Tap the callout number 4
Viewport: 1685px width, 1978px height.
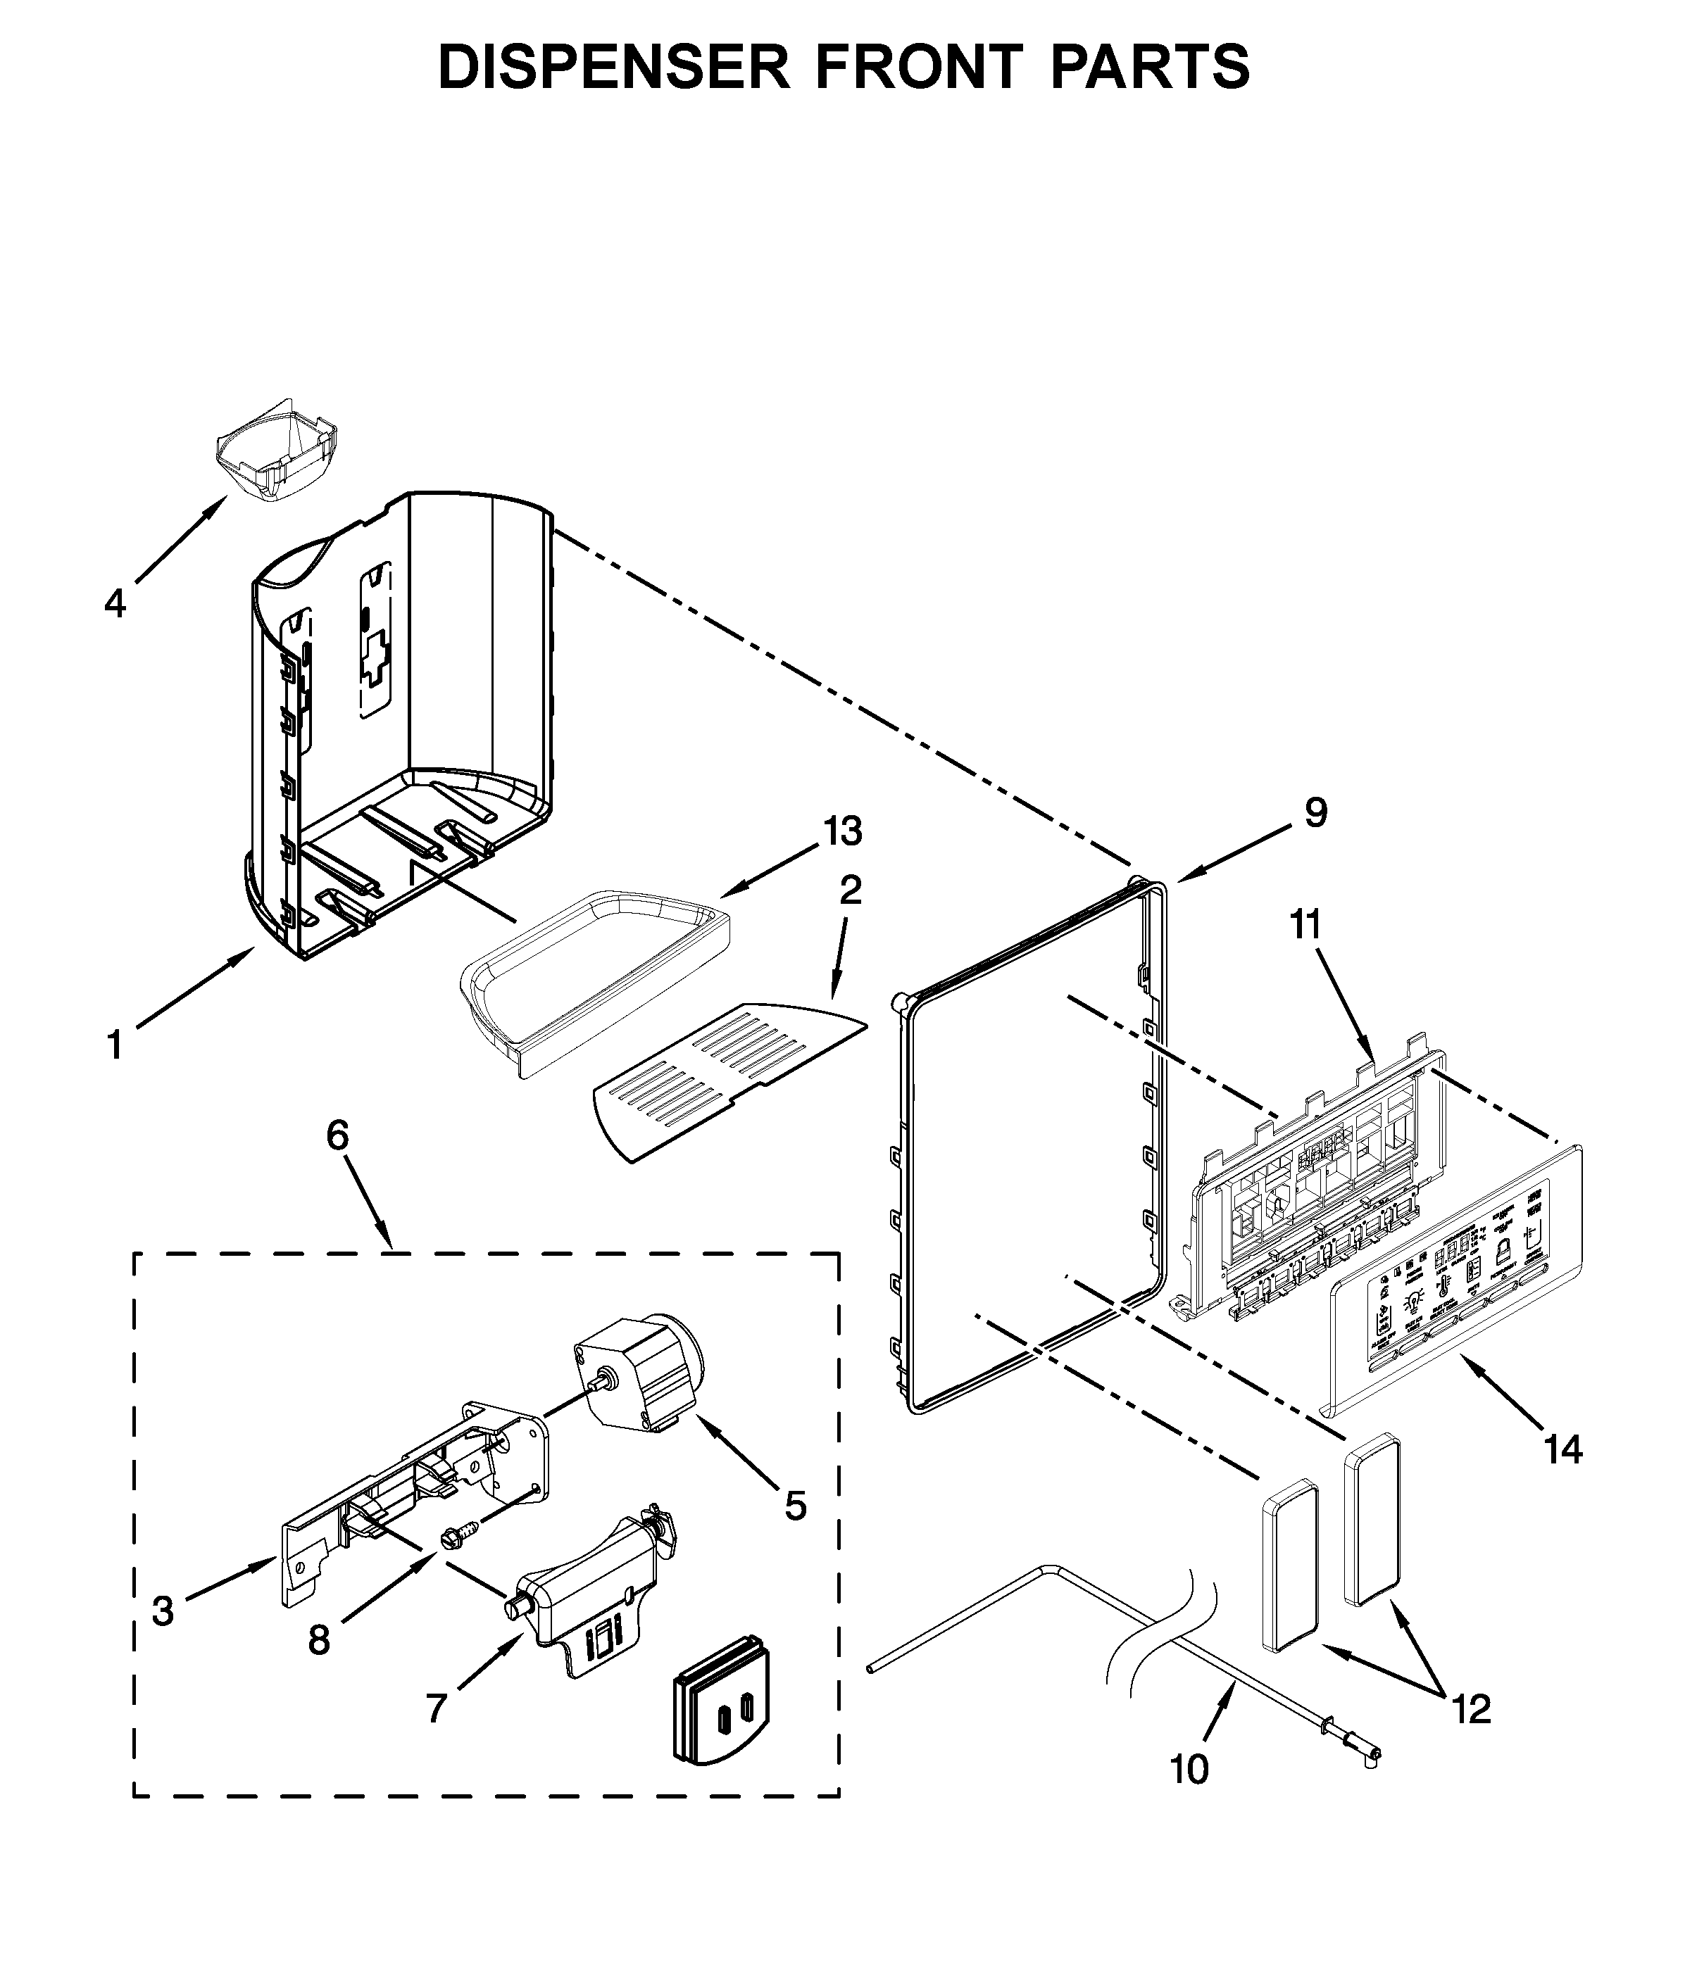point(115,603)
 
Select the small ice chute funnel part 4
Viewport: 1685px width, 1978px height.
point(275,451)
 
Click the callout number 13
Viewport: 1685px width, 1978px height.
point(843,831)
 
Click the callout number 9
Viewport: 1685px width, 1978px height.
point(1315,813)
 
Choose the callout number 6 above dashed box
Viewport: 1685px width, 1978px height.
point(338,1135)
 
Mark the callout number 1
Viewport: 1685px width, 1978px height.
point(115,1045)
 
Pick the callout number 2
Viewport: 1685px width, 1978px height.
point(850,890)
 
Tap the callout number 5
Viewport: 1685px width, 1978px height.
point(795,1506)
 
